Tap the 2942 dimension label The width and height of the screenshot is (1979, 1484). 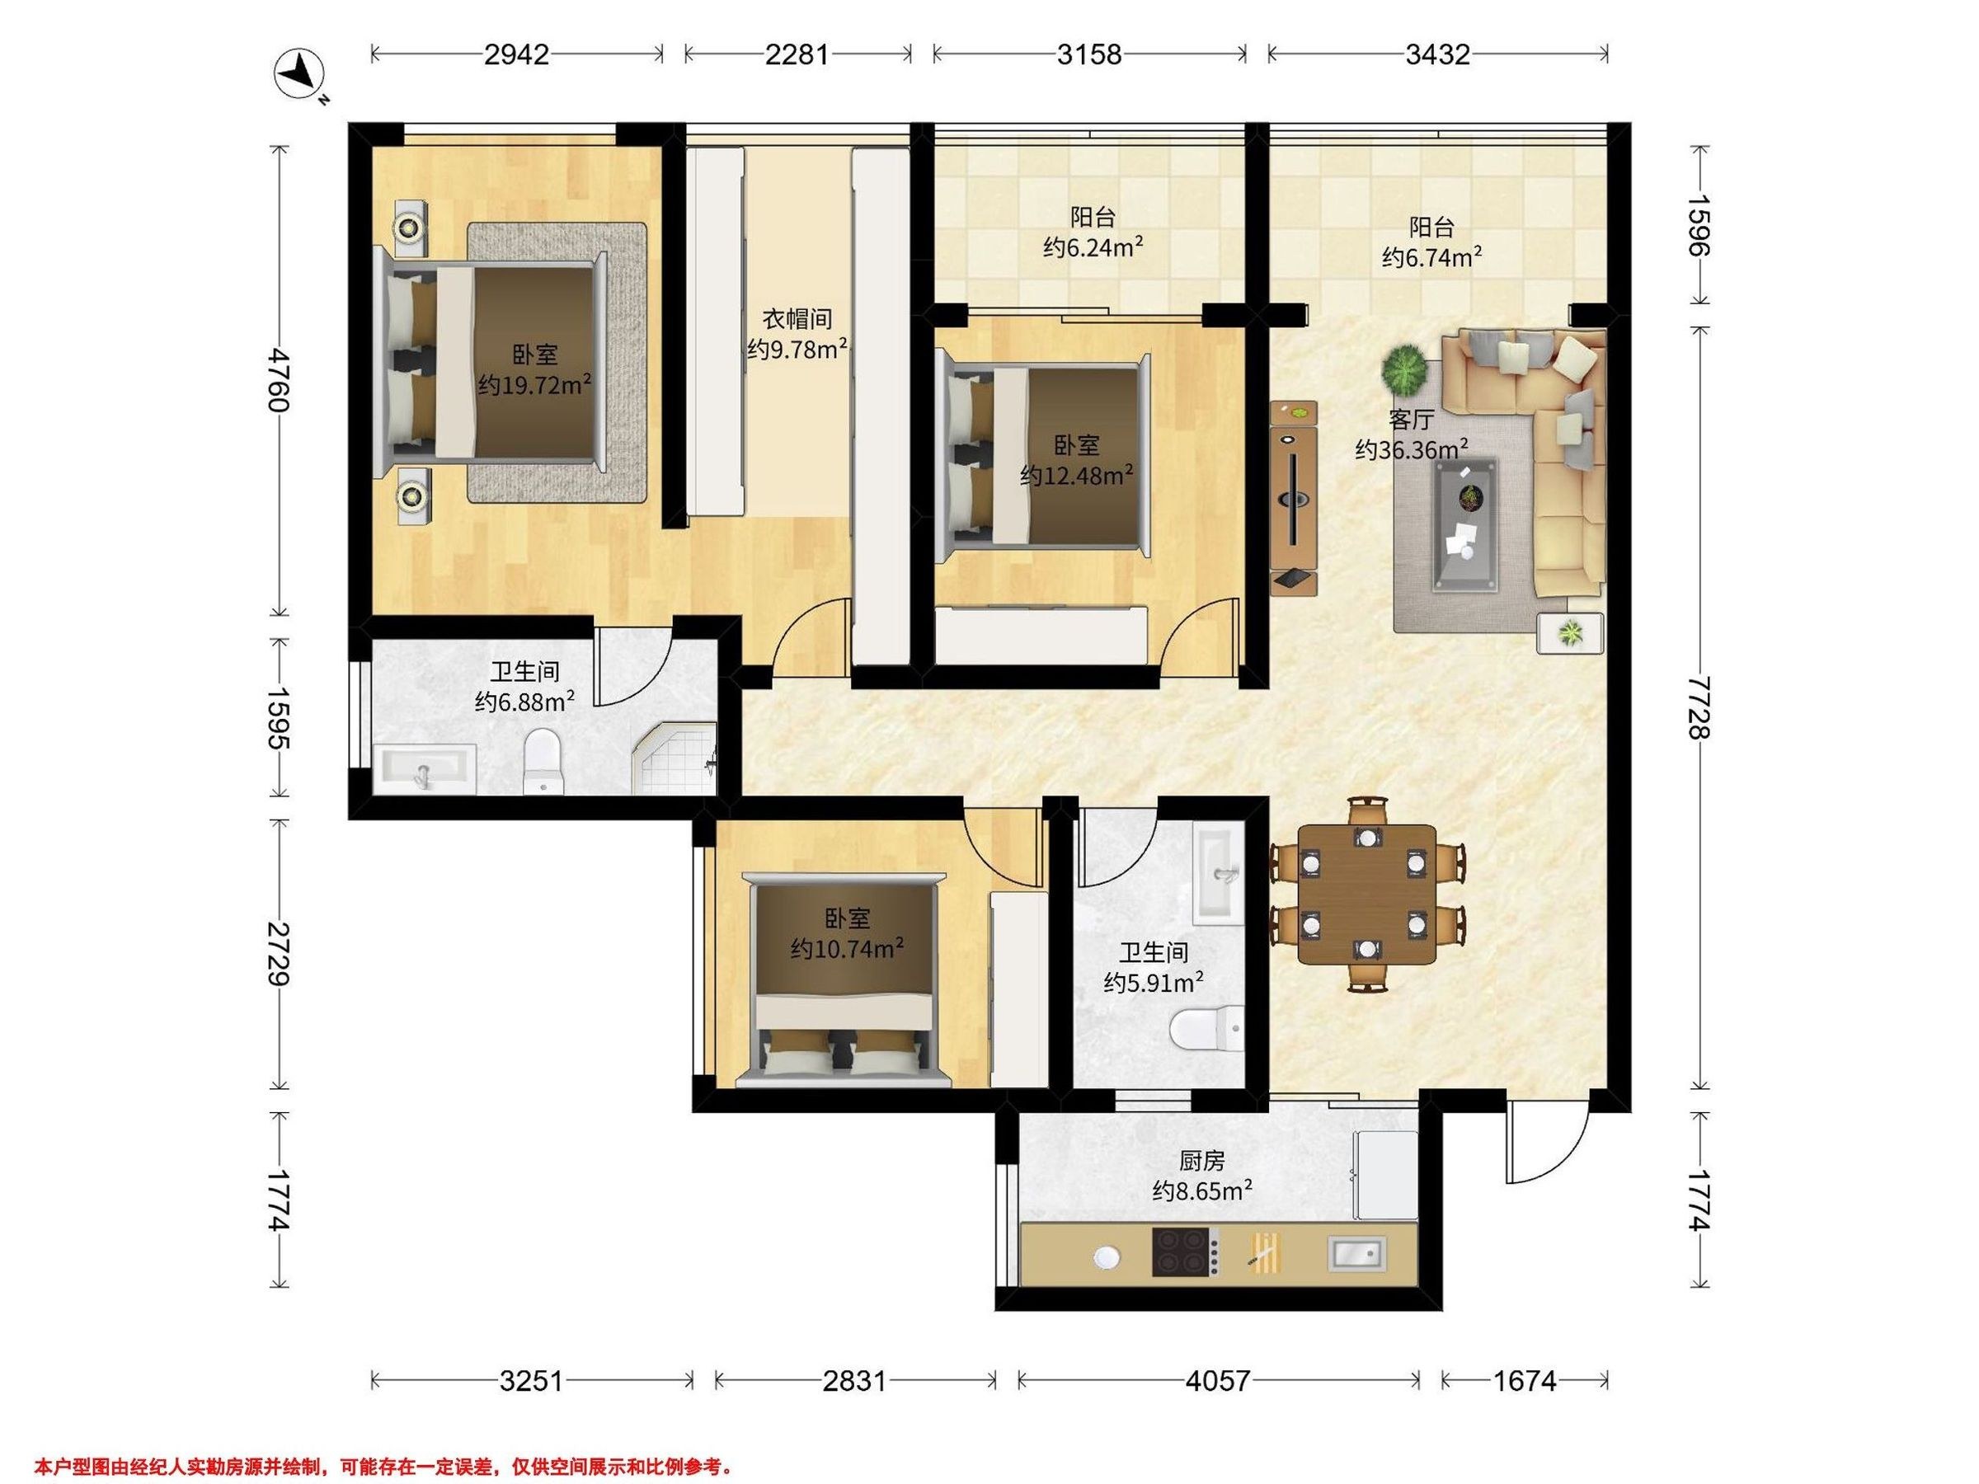(516, 54)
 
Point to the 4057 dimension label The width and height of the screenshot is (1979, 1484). (1218, 1381)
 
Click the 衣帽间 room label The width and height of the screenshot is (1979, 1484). (797, 318)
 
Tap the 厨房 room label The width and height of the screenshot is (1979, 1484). (1201, 1161)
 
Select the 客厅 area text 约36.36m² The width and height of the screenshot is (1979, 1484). (1412, 449)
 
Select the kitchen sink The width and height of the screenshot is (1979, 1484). (1357, 1253)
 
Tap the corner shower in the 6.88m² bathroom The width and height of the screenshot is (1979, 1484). (675, 758)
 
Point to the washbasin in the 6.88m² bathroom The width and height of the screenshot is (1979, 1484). (424, 768)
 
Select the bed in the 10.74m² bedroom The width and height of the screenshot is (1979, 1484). (845, 981)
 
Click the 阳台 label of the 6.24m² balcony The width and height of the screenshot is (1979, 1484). (1093, 218)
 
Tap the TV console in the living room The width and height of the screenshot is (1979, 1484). (1294, 498)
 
